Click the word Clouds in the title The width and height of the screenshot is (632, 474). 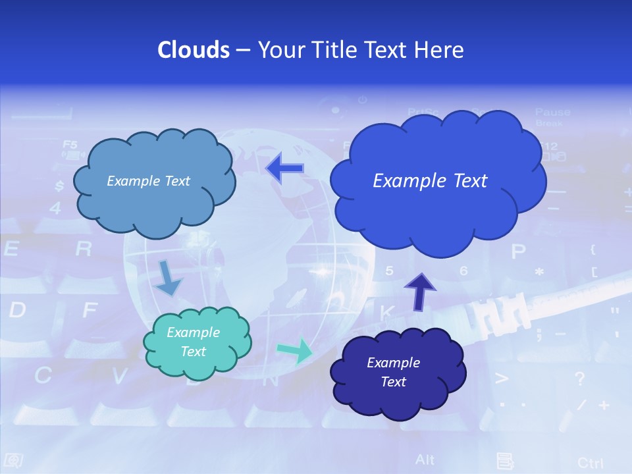coord(193,50)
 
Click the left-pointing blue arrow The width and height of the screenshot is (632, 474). coord(284,169)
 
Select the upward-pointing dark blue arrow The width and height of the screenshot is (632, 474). coord(419,292)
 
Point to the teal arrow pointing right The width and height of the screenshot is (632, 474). coord(294,350)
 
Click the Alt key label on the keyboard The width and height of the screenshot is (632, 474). coord(425,459)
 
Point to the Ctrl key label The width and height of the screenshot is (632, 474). coord(590,462)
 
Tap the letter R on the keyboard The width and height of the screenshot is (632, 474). coord(83,249)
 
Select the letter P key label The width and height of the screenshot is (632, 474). coord(519,251)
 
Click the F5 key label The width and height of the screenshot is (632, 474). coord(70,144)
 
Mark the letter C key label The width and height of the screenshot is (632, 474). coord(43,375)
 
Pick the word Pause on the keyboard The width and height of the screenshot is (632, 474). coord(552,113)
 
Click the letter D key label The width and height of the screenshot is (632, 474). coord(17,310)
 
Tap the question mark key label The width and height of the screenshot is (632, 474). coord(579,379)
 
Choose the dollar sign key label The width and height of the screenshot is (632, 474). coord(59,186)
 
